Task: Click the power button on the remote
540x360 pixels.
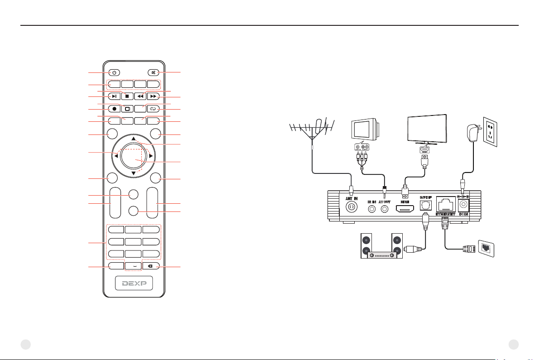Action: coord(115,72)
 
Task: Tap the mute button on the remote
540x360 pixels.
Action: coord(153,72)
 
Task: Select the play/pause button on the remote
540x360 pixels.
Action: coord(115,96)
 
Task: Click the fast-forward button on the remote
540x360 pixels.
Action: coord(153,96)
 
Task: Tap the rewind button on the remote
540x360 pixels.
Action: coord(140,96)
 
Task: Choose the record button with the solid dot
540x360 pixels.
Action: coord(115,109)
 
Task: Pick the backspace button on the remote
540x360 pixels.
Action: coord(150,267)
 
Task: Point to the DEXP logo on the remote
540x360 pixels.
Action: coord(133,284)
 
